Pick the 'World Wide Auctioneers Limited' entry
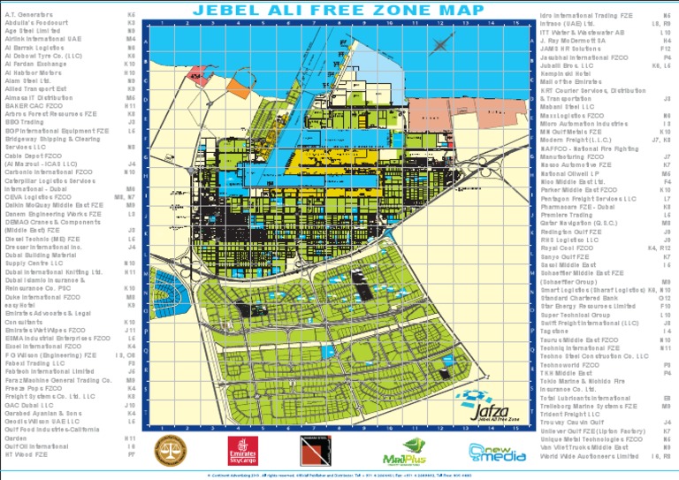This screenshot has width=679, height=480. tap(588, 456)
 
